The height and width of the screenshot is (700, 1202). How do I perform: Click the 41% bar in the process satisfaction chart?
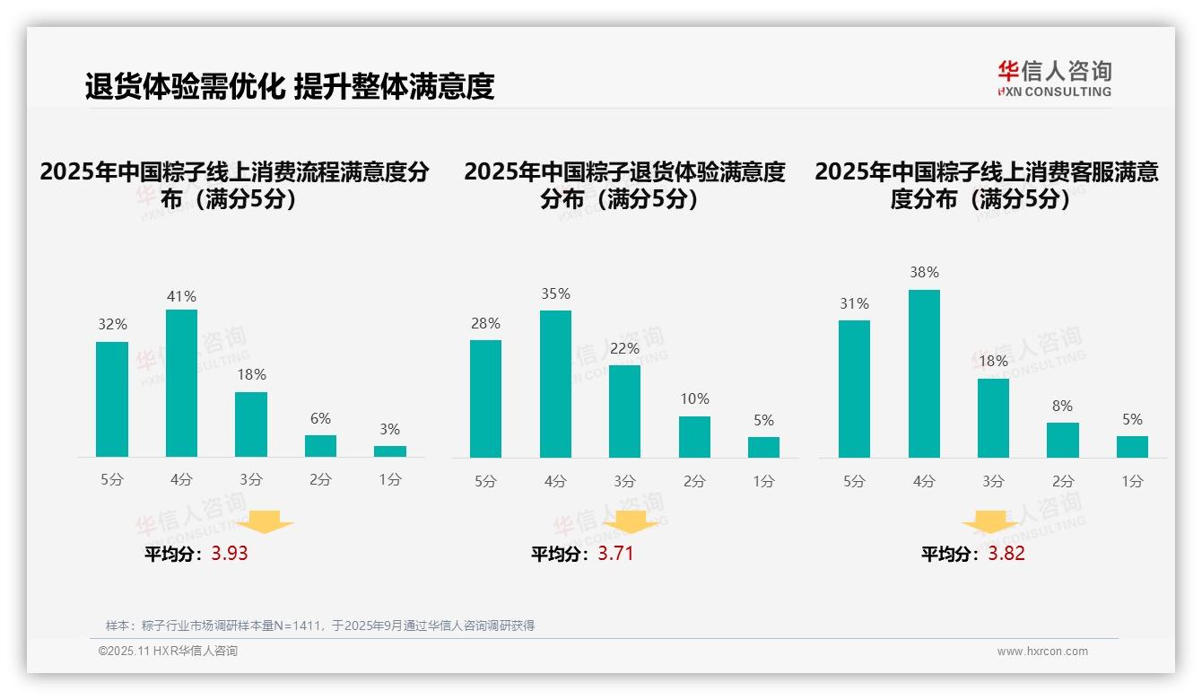[181, 383]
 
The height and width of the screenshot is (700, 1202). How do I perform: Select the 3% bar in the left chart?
[390, 451]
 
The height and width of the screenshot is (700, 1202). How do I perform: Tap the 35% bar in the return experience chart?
[555, 384]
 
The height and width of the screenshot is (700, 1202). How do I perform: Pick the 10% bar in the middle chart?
[694, 437]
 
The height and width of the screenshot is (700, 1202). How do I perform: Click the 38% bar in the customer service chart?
[924, 373]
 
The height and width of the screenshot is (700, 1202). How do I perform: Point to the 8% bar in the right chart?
[1063, 440]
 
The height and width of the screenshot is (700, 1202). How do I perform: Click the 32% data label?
[112, 324]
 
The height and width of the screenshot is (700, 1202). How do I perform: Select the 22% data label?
[624, 348]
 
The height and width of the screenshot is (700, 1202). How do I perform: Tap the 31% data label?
[854, 303]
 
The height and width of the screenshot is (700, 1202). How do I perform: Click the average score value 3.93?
[230, 554]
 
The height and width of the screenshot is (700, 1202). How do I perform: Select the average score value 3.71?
[615, 554]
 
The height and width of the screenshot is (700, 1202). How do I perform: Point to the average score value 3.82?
[1006, 554]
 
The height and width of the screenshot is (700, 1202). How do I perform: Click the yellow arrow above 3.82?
[990, 522]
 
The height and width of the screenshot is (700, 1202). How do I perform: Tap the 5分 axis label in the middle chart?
[485, 482]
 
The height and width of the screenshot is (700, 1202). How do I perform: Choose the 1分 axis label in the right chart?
[1132, 482]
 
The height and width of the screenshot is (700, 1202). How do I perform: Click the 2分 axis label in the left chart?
[320, 480]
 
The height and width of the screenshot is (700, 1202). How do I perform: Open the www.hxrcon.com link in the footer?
[1042, 652]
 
